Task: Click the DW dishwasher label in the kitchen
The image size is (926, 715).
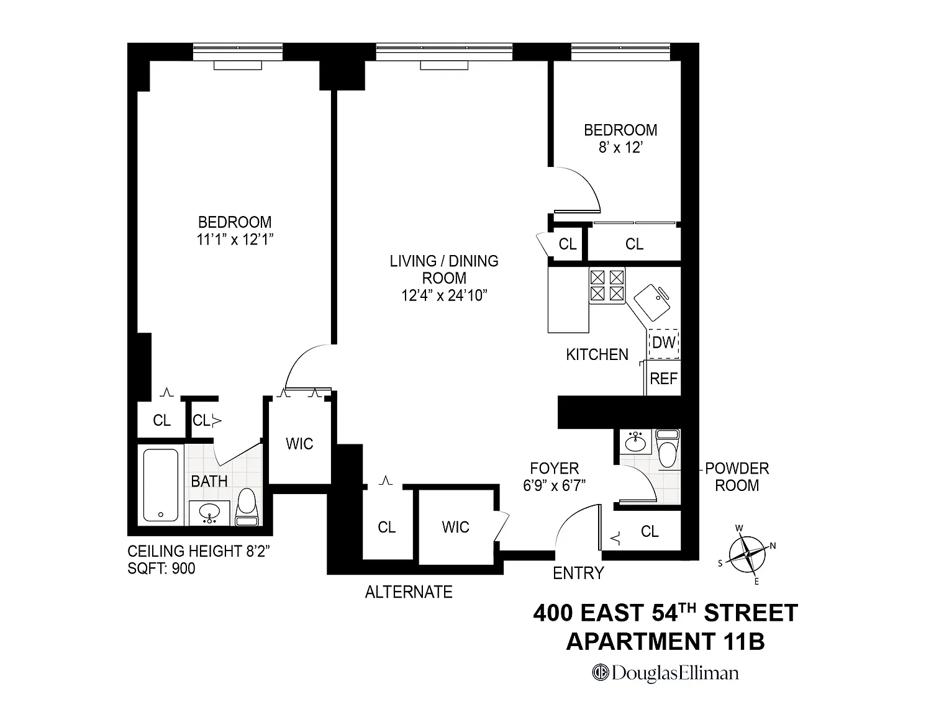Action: click(x=664, y=343)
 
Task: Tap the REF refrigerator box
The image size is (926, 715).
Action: click(x=663, y=378)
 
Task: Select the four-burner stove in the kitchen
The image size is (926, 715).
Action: click(x=607, y=286)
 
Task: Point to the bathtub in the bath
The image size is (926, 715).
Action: click(x=161, y=485)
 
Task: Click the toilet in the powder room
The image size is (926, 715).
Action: click(x=667, y=448)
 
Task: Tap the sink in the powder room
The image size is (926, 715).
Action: click(x=635, y=443)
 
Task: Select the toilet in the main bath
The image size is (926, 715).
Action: click(x=247, y=506)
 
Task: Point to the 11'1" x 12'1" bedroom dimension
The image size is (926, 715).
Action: click(x=235, y=240)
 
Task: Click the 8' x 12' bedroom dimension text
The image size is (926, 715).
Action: click(x=620, y=147)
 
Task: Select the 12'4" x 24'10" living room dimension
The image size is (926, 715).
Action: click(x=444, y=295)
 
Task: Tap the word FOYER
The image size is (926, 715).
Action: click(x=555, y=469)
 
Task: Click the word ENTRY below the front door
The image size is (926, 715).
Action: click(x=578, y=573)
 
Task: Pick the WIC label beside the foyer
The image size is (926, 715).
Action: click(x=455, y=527)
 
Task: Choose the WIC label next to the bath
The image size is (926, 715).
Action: click(x=299, y=444)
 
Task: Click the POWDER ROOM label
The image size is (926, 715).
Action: click(x=737, y=477)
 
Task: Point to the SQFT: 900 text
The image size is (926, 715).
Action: click(x=161, y=569)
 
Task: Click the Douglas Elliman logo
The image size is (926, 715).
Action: click(x=665, y=673)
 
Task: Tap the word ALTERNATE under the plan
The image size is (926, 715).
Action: click(x=409, y=592)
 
